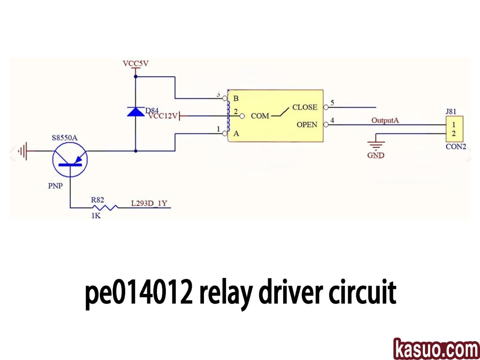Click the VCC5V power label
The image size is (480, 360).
(135, 63)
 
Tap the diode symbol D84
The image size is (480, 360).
(135, 112)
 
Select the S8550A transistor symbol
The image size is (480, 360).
(70, 158)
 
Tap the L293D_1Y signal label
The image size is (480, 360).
(150, 204)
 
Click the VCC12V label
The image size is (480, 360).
(163, 116)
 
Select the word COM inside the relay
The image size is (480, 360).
(260, 116)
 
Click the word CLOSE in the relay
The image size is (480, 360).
(305, 107)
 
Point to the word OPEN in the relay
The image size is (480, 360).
(307, 125)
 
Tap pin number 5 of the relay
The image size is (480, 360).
(332, 103)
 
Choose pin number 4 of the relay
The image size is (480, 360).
(332, 120)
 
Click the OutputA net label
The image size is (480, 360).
(385, 120)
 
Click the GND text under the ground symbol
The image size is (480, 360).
(375, 155)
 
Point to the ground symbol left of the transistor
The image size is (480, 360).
(22, 151)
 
